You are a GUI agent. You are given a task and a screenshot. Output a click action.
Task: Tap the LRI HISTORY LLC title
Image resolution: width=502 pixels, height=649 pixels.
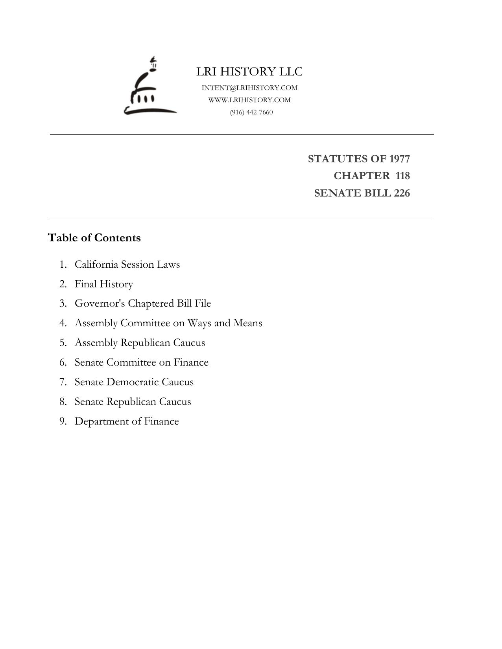point(249,72)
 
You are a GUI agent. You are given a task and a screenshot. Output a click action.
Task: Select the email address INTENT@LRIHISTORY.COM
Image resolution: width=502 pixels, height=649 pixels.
point(249,88)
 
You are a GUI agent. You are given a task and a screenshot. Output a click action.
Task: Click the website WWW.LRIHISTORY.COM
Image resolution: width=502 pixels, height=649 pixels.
point(249,100)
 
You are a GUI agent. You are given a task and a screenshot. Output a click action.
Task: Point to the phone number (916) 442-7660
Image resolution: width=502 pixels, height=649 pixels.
point(251,112)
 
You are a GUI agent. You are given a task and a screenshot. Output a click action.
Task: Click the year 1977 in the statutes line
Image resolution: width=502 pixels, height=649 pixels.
point(399,159)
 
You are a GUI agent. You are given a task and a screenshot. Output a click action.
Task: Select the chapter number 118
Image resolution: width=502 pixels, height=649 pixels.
point(402,176)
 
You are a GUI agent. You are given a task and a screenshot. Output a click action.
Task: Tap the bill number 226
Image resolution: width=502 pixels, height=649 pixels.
point(401,193)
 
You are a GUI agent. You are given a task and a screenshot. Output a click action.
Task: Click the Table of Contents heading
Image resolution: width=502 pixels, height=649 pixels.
point(94,238)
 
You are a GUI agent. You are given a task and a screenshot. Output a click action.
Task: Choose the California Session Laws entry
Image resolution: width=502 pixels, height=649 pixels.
point(127,264)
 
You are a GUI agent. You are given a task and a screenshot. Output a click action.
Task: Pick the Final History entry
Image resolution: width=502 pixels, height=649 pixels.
point(104,284)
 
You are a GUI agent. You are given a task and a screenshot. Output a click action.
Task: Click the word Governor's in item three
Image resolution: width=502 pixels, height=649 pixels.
point(100,303)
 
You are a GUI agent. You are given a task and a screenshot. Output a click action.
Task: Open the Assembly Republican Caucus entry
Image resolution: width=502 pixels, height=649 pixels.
point(140,342)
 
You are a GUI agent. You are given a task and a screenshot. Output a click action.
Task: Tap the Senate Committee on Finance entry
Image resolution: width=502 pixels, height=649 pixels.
point(141,362)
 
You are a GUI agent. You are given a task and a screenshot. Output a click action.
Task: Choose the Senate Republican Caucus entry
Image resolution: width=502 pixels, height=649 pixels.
point(133,401)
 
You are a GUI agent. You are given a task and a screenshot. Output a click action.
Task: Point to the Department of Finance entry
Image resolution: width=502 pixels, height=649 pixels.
point(127,421)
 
